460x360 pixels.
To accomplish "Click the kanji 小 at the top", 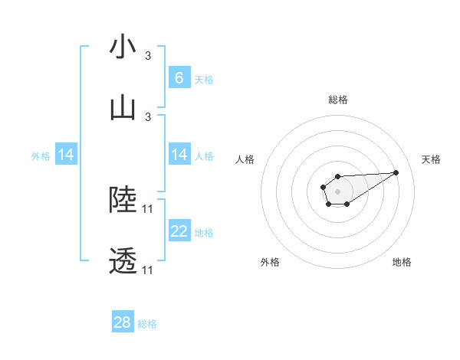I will tap(123, 47).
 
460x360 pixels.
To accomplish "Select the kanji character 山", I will tap(123, 108).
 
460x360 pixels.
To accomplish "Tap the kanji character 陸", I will tap(123, 200).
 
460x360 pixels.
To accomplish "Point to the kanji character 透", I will tap(123, 261).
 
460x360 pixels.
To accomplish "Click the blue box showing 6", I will tap(179, 77).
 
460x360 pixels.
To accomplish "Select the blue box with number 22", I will tap(179, 231).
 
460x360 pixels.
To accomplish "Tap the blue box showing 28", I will tap(123, 322).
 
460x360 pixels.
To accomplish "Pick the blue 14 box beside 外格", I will tap(66, 155).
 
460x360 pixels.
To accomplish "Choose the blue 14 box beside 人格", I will tap(179, 155).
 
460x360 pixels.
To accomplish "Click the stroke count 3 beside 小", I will tap(148, 55).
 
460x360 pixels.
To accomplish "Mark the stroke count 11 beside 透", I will tap(148, 270).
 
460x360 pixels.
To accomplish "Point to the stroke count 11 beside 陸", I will tap(148, 208).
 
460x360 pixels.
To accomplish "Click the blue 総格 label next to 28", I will tap(147, 324).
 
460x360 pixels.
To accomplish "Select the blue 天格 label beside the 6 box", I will tap(204, 79).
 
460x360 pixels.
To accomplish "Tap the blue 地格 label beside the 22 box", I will tap(204, 233).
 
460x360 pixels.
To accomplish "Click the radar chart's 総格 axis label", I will tap(337, 100).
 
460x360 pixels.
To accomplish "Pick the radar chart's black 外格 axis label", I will tap(270, 262).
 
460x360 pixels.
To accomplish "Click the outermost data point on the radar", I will tap(396, 172).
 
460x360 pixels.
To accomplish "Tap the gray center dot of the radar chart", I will tap(337, 191).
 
